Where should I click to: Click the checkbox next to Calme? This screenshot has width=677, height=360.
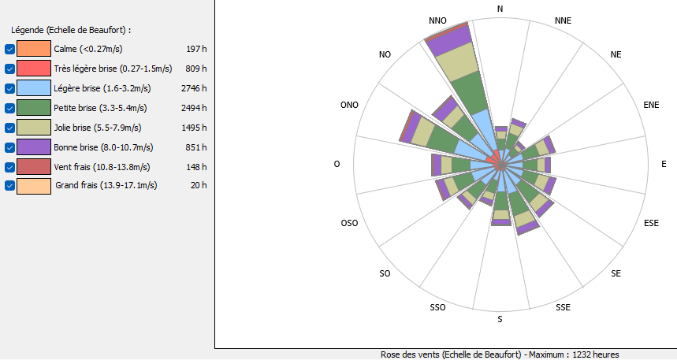9,49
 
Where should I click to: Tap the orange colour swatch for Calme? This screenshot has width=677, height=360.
34,49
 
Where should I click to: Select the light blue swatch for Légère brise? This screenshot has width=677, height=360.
34,88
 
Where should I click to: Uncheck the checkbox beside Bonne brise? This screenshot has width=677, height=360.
9,147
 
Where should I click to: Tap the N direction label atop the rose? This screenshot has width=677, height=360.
500,9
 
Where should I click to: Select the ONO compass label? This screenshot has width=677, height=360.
349,104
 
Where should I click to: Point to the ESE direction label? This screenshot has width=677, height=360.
651,224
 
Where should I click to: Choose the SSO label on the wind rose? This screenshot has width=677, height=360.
438,307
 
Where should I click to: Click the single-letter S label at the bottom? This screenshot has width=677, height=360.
500,320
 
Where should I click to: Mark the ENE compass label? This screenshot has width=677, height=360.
651,104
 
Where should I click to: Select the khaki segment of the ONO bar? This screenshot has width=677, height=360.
423,133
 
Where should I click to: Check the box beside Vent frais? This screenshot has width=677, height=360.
9,167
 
